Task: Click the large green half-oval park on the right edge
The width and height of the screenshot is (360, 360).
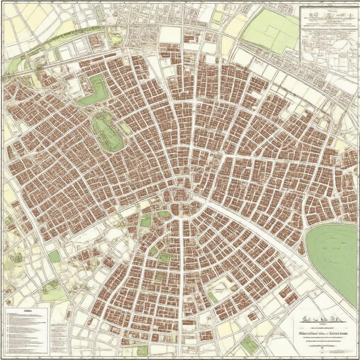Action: [334, 260]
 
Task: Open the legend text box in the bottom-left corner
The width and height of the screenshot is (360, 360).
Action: [26, 330]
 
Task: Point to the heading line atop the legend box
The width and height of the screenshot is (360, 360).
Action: [26, 311]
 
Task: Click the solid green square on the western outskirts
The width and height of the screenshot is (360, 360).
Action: [54, 257]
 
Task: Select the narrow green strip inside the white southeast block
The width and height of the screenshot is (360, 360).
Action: [212, 297]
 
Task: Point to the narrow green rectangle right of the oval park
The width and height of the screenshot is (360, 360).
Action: [125, 128]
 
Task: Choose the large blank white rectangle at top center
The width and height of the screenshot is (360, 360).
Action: [170, 34]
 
